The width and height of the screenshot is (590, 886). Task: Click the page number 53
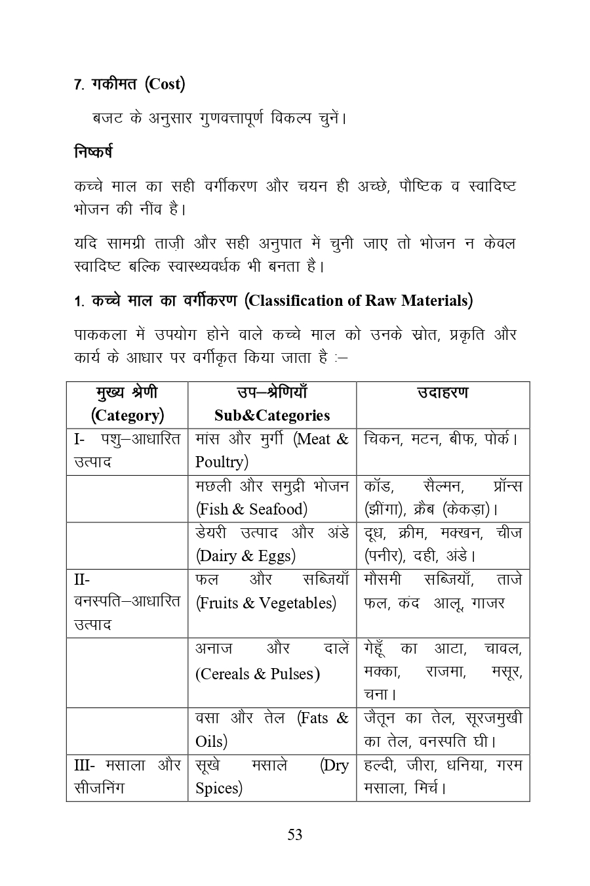point(294,835)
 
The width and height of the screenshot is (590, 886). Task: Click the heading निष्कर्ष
point(93,152)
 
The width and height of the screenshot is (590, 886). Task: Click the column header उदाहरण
point(442,392)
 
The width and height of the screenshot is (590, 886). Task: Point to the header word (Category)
point(127,415)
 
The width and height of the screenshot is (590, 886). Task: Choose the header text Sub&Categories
point(271,415)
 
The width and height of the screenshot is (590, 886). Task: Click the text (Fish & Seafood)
point(251,509)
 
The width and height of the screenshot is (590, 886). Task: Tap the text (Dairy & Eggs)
point(246,556)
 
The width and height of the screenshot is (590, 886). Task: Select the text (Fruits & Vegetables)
point(265,603)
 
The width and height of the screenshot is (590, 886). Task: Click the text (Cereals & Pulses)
point(258,674)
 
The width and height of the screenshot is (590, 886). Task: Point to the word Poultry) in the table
point(222,462)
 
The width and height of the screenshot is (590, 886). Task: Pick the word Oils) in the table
point(211,742)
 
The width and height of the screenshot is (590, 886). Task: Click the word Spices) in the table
point(218,788)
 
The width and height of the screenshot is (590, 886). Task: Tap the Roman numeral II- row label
point(82,580)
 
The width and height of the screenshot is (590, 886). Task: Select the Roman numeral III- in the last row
point(85,765)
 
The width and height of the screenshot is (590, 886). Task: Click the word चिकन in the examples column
point(383,439)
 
